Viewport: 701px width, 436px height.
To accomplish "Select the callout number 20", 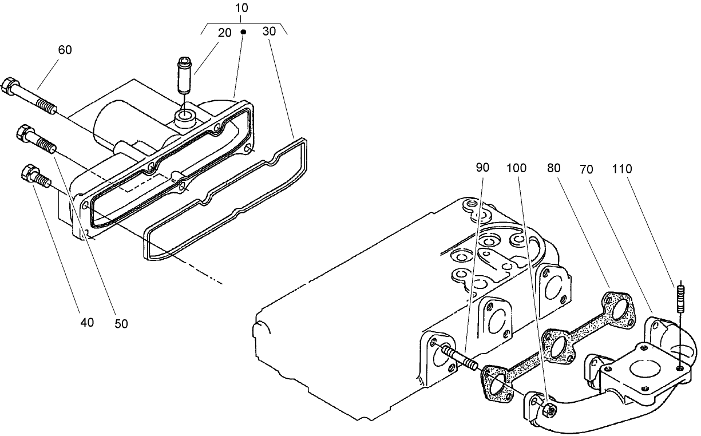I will (x=225, y=33).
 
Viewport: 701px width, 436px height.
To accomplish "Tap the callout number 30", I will (x=269, y=31).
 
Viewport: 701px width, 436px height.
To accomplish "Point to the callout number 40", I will (x=87, y=322).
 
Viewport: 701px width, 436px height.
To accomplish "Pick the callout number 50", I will (x=121, y=324).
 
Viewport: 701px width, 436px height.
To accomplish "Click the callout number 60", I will (x=65, y=50).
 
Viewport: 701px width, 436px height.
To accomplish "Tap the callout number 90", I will (x=482, y=169).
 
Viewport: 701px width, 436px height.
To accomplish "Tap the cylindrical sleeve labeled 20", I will (x=183, y=76).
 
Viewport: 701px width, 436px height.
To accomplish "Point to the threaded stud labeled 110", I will (x=680, y=298).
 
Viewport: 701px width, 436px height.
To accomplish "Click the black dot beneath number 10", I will (x=243, y=32).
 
